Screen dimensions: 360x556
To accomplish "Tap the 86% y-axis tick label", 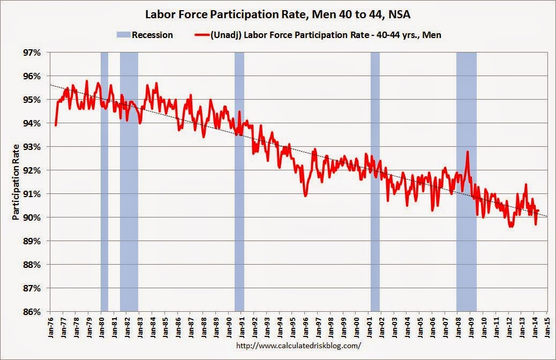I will point(32,311).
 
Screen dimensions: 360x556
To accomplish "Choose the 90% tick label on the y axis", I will point(32,217).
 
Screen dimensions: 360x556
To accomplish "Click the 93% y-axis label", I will point(32,146).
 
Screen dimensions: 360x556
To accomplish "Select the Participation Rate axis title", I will point(17,182).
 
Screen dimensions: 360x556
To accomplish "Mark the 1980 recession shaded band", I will point(104,182).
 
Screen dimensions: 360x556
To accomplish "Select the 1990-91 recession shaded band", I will point(239,182).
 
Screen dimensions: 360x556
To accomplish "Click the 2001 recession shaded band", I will point(375,182).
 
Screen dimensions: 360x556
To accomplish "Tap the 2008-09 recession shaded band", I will point(466,182).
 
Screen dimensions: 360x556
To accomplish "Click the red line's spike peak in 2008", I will point(468,152).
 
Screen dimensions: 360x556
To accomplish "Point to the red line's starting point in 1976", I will point(56,125).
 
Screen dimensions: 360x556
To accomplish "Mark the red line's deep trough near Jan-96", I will point(305,196).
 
